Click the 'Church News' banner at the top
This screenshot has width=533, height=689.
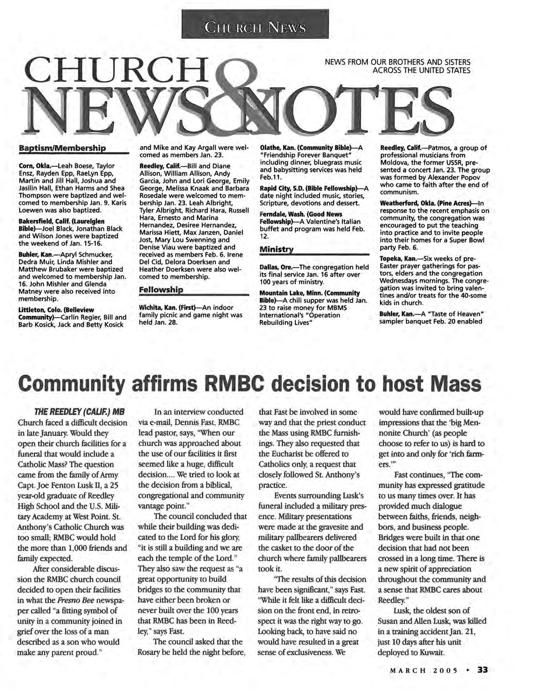coord(255,28)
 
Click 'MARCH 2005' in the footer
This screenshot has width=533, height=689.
coord(423,671)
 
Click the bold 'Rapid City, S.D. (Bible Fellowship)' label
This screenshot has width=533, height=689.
coord(312,188)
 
